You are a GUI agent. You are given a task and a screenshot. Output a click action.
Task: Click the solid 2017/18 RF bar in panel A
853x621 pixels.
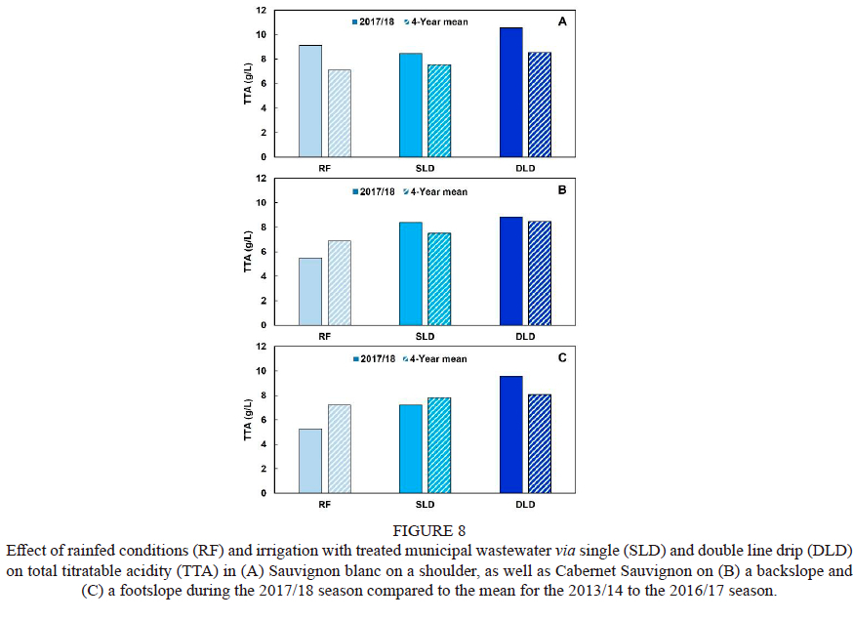point(310,101)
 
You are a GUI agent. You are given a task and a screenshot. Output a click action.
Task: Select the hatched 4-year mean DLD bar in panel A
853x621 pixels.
point(540,104)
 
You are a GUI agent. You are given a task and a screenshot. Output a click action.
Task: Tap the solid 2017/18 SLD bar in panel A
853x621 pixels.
point(411,104)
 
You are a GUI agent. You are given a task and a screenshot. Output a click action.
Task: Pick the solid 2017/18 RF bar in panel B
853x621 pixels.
point(310,291)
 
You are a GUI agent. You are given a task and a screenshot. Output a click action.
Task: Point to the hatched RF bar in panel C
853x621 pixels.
point(339,448)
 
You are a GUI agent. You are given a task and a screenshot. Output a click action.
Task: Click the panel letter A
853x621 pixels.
point(561,21)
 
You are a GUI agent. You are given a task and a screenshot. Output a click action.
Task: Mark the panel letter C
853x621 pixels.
point(561,358)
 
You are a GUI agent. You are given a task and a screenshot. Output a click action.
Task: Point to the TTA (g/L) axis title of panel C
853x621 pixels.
point(249,421)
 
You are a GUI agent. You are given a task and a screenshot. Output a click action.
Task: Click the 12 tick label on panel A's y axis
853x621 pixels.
point(261,10)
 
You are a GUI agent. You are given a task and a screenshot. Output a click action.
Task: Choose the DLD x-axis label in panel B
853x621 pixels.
point(525,337)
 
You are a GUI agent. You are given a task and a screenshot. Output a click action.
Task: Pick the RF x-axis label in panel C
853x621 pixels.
point(325,505)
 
